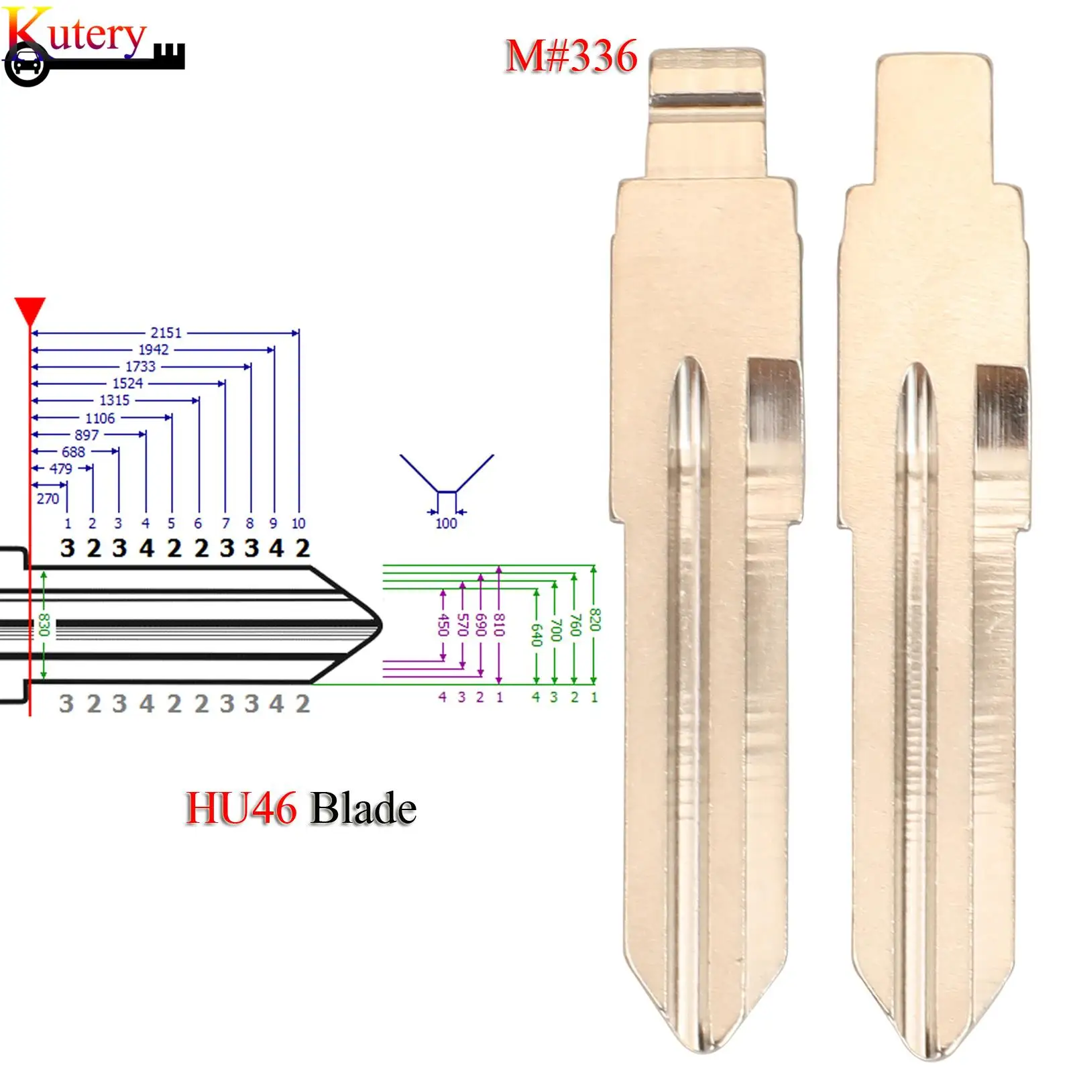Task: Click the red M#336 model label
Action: (x=571, y=56)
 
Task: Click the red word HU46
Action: (x=241, y=808)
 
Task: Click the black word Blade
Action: (x=363, y=808)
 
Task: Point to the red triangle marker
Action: (x=30, y=311)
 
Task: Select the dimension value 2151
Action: (x=166, y=333)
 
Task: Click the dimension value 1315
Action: (x=115, y=400)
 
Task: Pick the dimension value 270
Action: (x=48, y=499)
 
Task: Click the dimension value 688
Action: (x=74, y=452)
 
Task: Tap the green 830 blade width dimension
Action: (x=44, y=624)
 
